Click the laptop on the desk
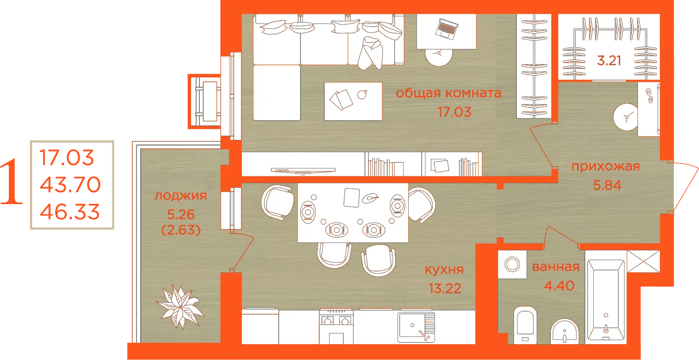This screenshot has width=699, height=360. pos(447,29)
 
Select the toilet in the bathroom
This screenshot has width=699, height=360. pos(525,325)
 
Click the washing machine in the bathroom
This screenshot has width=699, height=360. pos(512,264)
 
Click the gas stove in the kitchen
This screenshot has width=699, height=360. pos(336,326)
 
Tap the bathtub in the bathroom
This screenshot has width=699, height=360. pos(606,300)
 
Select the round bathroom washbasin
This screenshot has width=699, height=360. pos(564,331)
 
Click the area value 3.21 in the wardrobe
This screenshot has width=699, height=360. pos(609,61)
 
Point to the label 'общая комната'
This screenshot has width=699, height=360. pos(448,93)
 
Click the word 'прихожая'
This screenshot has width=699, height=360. pos(606,166)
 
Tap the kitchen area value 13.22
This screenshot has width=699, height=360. pos(445,289)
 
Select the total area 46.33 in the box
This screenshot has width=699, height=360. pos(70,212)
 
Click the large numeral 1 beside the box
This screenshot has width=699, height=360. pos(12,181)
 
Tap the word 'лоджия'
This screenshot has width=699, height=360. pos(181,196)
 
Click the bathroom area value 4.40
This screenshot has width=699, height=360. pos(559,286)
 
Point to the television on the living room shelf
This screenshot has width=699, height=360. pos(303,171)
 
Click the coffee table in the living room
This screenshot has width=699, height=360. pos(353,102)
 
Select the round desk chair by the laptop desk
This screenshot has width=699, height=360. pos(439,56)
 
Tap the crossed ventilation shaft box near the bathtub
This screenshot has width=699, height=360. pos(644,261)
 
